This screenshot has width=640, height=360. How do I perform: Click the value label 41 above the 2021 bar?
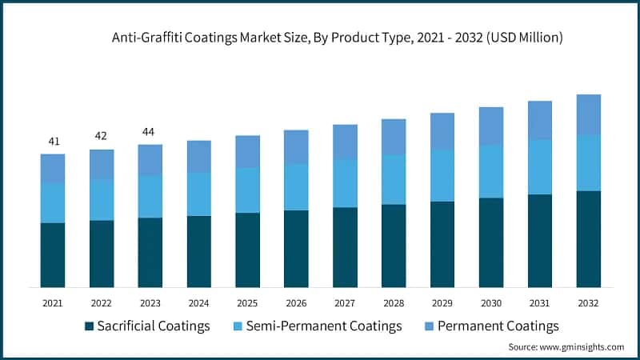(54, 142)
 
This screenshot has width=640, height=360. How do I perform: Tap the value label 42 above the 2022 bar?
(101, 136)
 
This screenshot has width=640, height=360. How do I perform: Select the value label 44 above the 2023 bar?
(150, 131)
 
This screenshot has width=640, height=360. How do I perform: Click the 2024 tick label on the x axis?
(198, 304)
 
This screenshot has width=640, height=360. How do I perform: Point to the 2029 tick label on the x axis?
(442, 304)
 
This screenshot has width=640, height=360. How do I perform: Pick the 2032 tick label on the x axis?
(588, 304)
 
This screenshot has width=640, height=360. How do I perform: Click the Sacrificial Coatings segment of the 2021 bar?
(53, 254)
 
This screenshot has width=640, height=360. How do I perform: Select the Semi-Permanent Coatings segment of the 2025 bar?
(247, 190)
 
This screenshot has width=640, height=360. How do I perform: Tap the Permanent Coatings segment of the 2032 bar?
(588, 114)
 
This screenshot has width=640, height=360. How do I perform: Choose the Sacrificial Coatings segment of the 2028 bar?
(393, 246)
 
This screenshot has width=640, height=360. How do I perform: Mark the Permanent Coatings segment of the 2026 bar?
(296, 147)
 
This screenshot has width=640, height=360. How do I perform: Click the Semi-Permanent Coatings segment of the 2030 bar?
(490, 171)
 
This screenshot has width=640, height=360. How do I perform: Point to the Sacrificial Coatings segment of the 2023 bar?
(150, 252)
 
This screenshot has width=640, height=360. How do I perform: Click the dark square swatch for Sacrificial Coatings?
(89, 326)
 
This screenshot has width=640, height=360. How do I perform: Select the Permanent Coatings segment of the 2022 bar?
(101, 164)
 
